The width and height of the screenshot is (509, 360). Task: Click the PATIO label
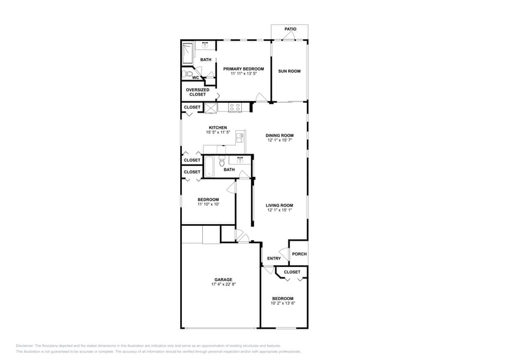(x=290, y=29)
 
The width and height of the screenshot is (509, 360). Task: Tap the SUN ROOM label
(x=289, y=71)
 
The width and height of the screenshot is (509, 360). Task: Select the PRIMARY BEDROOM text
(x=243, y=69)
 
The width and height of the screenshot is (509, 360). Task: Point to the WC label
(x=195, y=78)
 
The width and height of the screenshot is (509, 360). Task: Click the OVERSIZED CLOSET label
(x=198, y=92)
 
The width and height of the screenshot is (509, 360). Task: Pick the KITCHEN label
(x=217, y=128)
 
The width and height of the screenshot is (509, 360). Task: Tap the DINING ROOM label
(x=279, y=135)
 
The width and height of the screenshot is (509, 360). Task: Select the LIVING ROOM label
(x=279, y=206)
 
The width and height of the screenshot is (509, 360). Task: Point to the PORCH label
(x=299, y=254)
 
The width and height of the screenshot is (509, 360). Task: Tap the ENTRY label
(x=274, y=258)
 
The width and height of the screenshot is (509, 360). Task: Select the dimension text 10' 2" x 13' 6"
(x=282, y=303)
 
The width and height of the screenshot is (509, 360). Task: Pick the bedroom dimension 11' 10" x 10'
(x=208, y=204)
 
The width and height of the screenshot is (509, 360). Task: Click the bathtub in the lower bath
(x=209, y=167)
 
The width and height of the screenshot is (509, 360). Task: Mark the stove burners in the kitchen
(x=235, y=108)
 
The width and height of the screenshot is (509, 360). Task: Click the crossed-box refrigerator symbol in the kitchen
(x=211, y=108)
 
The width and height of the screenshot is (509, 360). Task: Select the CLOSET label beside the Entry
(x=292, y=272)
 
